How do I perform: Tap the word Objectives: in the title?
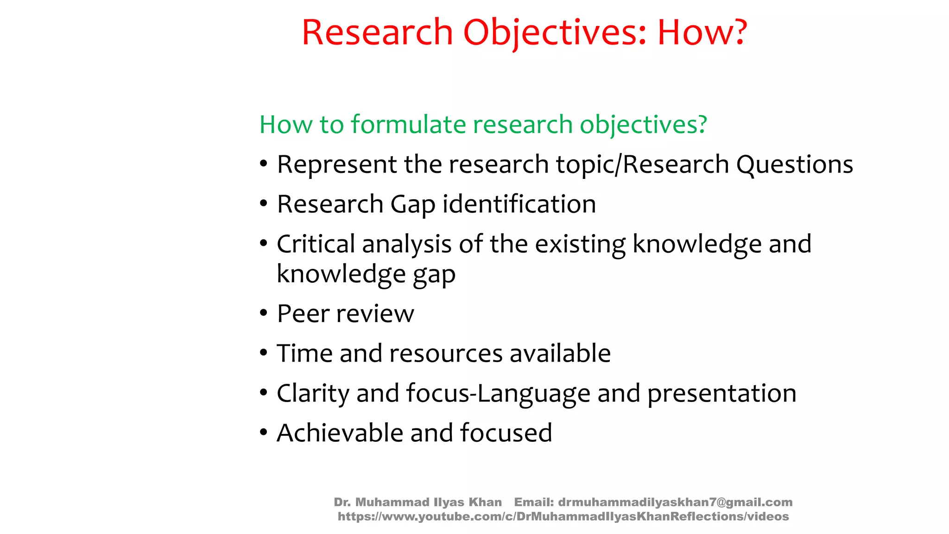click(x=554, y=33)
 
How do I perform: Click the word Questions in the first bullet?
click(x=794, y=165)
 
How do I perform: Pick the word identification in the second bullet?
click(x=519, y=204)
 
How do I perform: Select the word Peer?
click(x=303, y=314)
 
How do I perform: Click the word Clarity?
click(x=313, y=394)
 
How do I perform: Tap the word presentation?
click(x=721, y=394)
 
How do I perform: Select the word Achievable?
click(x=340, y=433)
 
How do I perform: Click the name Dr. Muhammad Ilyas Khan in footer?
click(x=418, y=502)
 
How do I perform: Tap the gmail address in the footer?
click(x=675, y=502)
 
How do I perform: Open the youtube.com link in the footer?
click(x=563, y=516)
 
